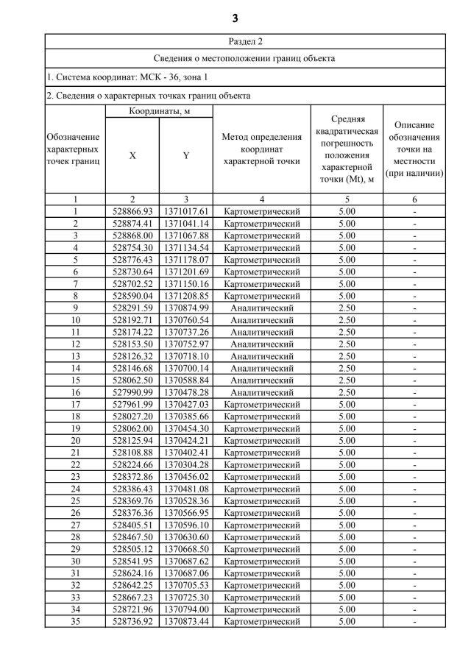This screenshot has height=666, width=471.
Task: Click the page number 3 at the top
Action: coord(235,18)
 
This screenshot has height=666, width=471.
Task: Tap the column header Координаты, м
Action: coord(160,111)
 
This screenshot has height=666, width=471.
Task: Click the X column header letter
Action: coord(132,155)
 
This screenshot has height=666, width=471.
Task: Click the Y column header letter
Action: coord(186,155)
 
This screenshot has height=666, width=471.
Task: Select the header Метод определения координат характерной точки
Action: coord(262,149)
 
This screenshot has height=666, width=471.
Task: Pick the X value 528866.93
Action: coord(132,211)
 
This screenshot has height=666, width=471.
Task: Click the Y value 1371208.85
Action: coord(186,296)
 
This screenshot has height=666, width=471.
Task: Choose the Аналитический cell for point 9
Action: coord(262,308)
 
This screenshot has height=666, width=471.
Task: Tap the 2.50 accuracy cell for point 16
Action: coord(347,392)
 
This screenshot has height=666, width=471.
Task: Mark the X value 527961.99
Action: coord(132,404)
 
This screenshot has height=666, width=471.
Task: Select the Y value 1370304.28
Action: coord(186,464)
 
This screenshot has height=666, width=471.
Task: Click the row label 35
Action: coord(75,621)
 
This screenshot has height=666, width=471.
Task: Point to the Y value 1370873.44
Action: coord(186,621)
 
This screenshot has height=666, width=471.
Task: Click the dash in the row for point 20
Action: coord(415,440)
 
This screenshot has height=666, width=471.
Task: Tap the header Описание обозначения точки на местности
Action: coord(415,149)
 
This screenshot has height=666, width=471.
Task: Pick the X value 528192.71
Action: coord(132,320)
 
